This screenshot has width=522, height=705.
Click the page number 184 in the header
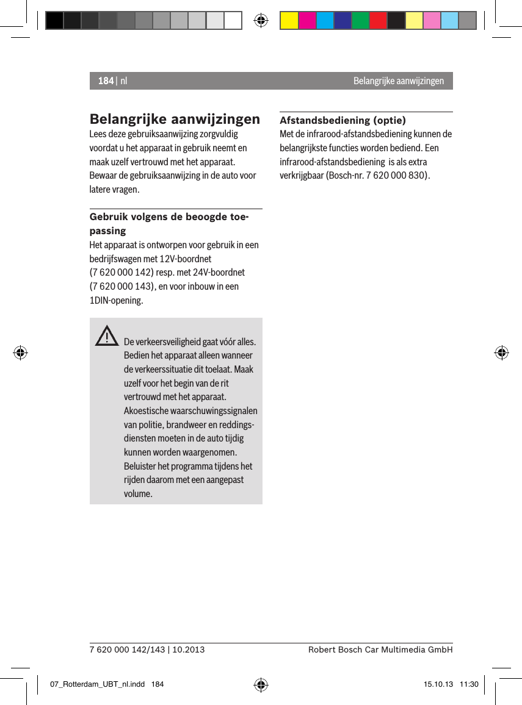pos(106,81)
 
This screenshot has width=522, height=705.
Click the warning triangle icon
pos(107,337)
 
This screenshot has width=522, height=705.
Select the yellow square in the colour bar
pos(289,21)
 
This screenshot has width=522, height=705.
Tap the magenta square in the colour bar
pos(307,21)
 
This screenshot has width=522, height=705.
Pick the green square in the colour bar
pos(360,21)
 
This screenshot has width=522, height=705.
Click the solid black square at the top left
pos(54,21)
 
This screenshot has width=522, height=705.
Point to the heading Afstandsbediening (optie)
pos(343,120)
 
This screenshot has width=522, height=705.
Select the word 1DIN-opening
pos(117,301)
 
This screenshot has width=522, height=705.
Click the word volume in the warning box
pos(138,493)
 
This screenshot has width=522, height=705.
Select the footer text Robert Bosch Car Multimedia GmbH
pos(380,650)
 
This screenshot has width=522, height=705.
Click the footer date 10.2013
pos(188,650)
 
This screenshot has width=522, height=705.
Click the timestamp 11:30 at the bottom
pos(469,685)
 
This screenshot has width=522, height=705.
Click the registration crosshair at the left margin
pos(20,352)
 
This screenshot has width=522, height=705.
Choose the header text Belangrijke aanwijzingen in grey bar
pos(398,81)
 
